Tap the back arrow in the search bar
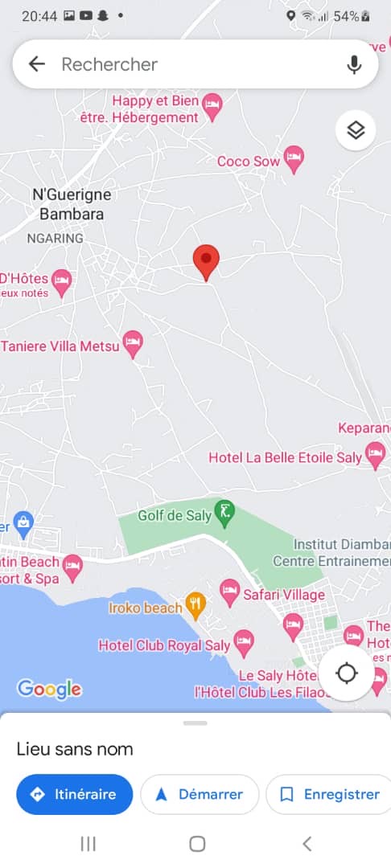[x=37, y=64]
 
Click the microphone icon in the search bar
[x=354, y=64]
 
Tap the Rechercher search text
[x=109, y=64]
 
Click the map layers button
[x=356, y=130]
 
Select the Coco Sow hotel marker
[x=294, y=159]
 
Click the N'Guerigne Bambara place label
[x=72, y=204]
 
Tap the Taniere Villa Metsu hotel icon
[x=132, y=343]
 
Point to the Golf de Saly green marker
[x=225, y=513]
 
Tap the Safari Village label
[x=285, y=595]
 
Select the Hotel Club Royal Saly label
[x=164, y=645]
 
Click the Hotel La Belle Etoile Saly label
[x=285, y=457]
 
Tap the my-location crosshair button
[x=347, y=673]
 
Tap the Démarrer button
[x=200, y=794]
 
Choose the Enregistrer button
[x=330, y=794]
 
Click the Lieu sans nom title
[x=75, y=749]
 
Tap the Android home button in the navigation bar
[x=197, y=843]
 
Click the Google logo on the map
[x=49, y=689]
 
